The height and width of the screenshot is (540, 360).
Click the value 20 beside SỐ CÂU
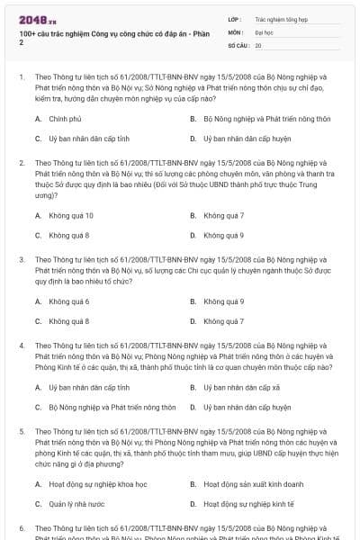tap(258, 44)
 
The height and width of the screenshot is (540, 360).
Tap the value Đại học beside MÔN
tap(265, 31)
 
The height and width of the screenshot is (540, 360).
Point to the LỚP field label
tap(235, 18)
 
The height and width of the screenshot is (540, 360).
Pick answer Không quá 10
tap(70, 216)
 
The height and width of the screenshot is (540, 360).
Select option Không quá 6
tap(68, 301)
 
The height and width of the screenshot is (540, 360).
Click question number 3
tap(22, 259)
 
